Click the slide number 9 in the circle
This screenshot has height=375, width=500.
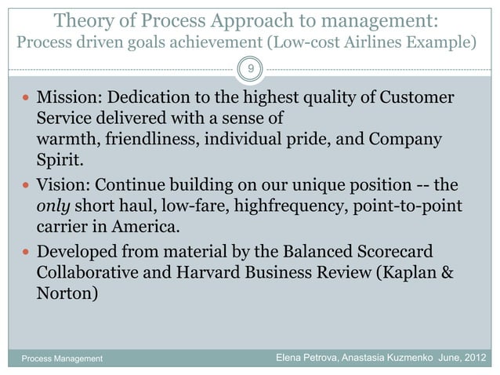click(x=250, y=71)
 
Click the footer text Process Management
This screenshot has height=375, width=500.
click(x=56, y=359)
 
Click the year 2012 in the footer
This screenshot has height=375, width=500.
click(x=476, y=359)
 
